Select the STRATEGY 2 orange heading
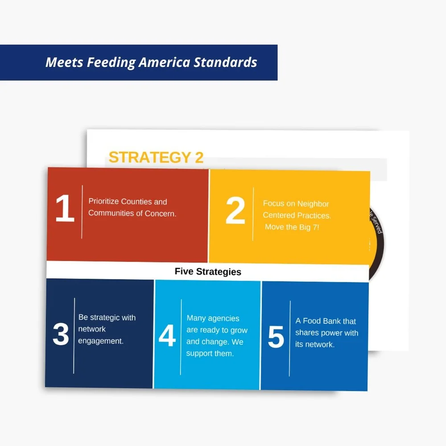[156, 157]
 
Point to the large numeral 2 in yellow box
[235, 211]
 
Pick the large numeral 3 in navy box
[61, 334]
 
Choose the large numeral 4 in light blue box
[167, 336]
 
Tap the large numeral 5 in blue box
[276, 338]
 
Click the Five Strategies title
[208, 272]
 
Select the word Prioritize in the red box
[103, 202]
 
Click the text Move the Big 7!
[292, 227]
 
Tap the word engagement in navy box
[100, 341]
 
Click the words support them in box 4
[210, 354]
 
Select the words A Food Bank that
[326, 321]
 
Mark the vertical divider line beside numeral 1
[82, 212]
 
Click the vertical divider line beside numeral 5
[290, 338]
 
